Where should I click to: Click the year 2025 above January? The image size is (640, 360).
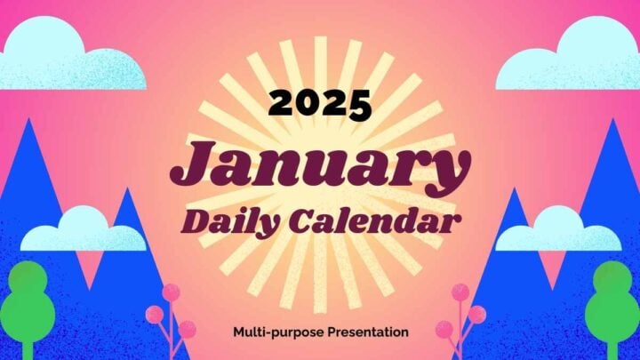[x=320, y=105]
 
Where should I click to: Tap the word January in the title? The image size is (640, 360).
[x=320, y=165]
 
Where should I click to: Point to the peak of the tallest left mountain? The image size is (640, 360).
[x=28, y=119]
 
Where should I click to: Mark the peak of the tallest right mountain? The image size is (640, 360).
[x=613, y=119]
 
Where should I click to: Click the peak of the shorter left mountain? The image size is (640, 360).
[x=128, y=188]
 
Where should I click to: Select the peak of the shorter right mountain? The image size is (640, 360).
[x=514, y=188]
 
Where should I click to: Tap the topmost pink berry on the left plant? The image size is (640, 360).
[x=172, y=292]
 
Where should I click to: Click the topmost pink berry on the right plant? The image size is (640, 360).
[x=460, y=292]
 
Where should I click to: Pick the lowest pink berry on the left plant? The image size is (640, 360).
[x=187, y=330]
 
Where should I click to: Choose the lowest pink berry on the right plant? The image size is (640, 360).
[x=444, y=330]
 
